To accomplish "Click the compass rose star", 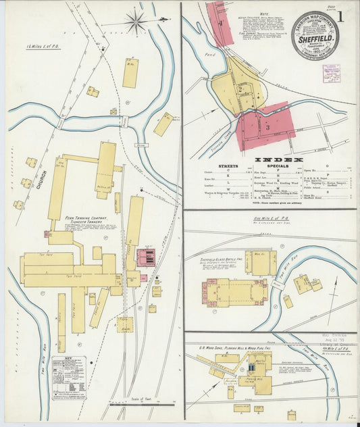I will pyautogui.click(x=136, y=22).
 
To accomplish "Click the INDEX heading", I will pyautogui.click(x=269, y=159).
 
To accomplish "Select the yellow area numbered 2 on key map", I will pyautogui.click(x=240, y=89).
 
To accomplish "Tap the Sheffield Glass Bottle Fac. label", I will pyautogui.click(x=219, y=259).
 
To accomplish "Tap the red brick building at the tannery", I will pyautogui.click(x=146, y=257).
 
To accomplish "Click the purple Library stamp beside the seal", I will pyautogui.click(x=332, y=72).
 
